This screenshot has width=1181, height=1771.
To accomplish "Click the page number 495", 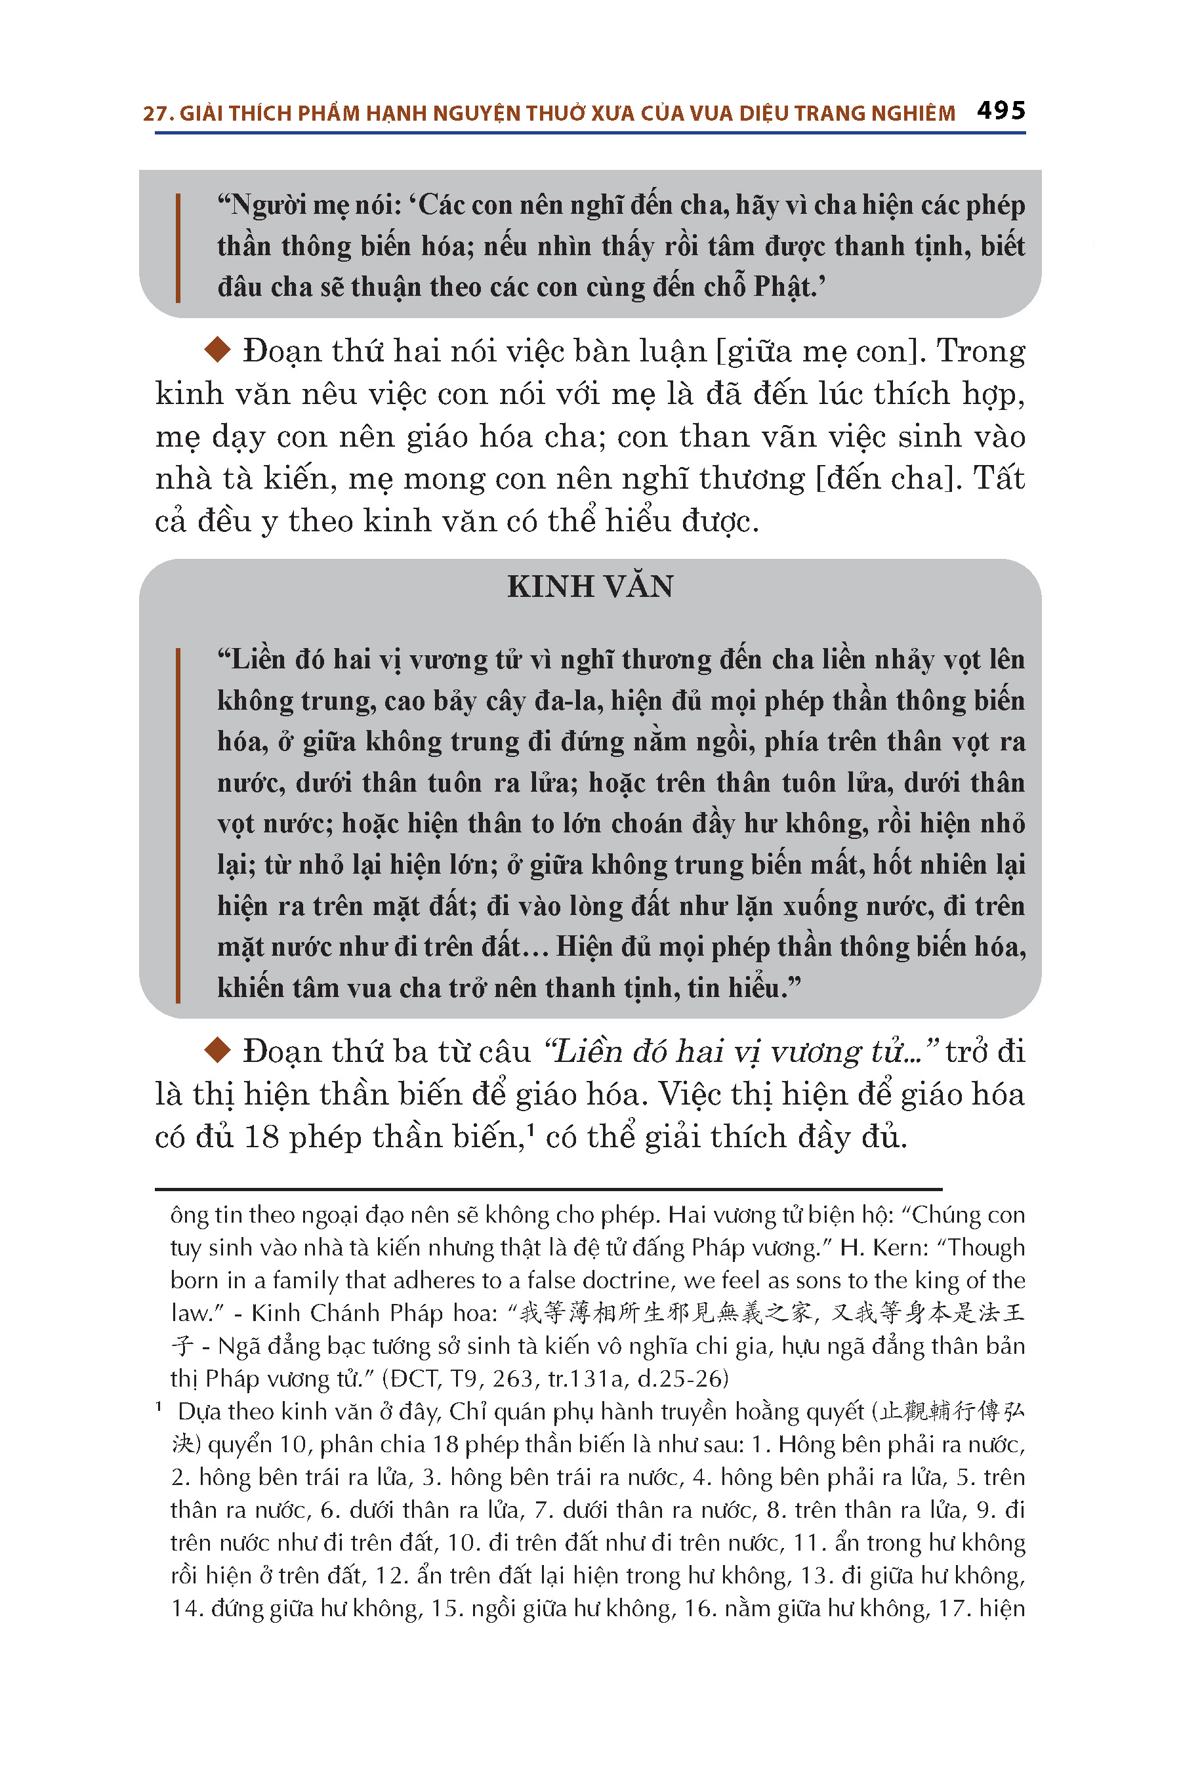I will coord(1001,111).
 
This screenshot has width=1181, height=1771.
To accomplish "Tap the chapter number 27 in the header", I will coord(154,113).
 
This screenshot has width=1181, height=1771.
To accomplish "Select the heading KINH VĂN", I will coord(590,586).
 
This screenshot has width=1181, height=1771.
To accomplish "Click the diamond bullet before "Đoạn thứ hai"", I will coord(218,350).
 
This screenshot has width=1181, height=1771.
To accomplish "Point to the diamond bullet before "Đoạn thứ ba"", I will coord(218,1050).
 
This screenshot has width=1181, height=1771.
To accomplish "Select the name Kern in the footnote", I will coord(896,1248).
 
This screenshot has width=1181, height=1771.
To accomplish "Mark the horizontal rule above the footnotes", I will coord(549,1189).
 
